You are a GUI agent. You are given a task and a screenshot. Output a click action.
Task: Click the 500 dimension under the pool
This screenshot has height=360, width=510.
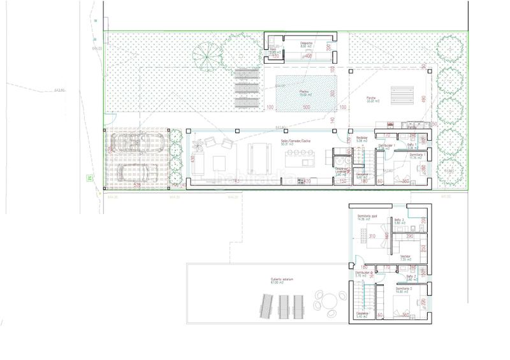click(x=306, y=108)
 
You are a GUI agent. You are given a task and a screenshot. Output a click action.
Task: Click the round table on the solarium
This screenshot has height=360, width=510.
click(x=329, y=299)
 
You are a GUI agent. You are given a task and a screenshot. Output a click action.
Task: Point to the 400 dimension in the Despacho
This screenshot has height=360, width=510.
click(x=307, y=57)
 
